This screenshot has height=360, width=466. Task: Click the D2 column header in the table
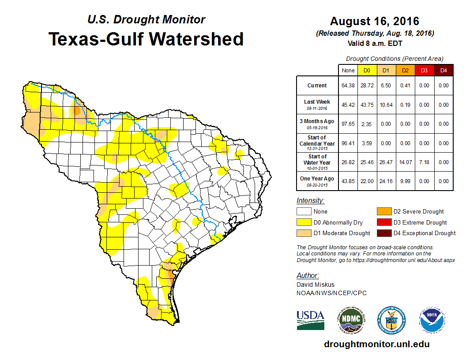point(405,71)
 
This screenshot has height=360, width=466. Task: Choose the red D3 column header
point(424,71)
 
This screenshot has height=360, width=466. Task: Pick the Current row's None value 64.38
point(348,86)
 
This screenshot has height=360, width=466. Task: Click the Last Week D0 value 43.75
point(367,105)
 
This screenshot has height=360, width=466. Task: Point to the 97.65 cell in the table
point(348,124)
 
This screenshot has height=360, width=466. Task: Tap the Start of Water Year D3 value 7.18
point(424,162)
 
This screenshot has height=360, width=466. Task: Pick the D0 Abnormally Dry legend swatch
point(303,222)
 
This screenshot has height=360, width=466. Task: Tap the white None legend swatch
point(303,211)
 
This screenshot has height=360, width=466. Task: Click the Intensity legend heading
point(310,200)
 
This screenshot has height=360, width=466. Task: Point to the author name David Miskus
point(316,285)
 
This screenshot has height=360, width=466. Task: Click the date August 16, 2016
point(375,21)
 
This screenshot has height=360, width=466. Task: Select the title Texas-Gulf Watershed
point(146,39)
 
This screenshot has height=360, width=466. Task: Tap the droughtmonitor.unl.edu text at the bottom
point(376,344)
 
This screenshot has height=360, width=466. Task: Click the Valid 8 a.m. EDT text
point(375,43)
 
